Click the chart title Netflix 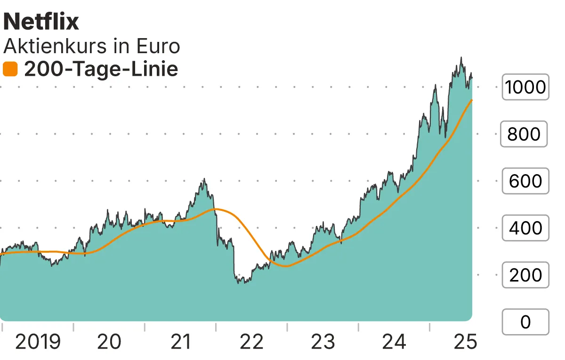click(41, 22)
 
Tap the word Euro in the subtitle click(158, 47)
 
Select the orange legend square click(10, 70)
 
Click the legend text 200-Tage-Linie click(101, 70)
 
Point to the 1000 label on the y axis click(525, 87)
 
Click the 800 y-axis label click(524, 135)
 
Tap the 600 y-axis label click(525, 181)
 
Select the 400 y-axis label click(525, 228)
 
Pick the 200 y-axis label click(525, 275)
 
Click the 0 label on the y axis click(525, 322)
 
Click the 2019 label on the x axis click(38, 342)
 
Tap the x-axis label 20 click(109, 342)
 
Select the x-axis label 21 click(181, 342)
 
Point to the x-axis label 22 click(252, 342)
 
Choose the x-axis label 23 click(323, 342)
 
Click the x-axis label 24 click(395, 342)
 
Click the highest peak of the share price click(461, 58)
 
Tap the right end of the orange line click(472, 100)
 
